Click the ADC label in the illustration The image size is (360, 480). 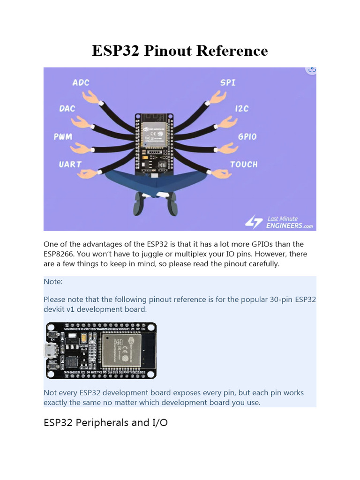[x=81, y=82]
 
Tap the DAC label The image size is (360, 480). [x=67, y=108]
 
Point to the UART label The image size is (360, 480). [x=70, y=165]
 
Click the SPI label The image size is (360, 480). [x=228, y=82]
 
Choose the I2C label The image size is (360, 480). [x=241, y=108]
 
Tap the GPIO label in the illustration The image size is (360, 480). [x=247, y=136]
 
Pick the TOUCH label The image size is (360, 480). [x=244, y=165]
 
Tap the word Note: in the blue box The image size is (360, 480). [x=53, y=282]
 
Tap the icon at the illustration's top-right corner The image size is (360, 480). [x=311, y=69]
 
